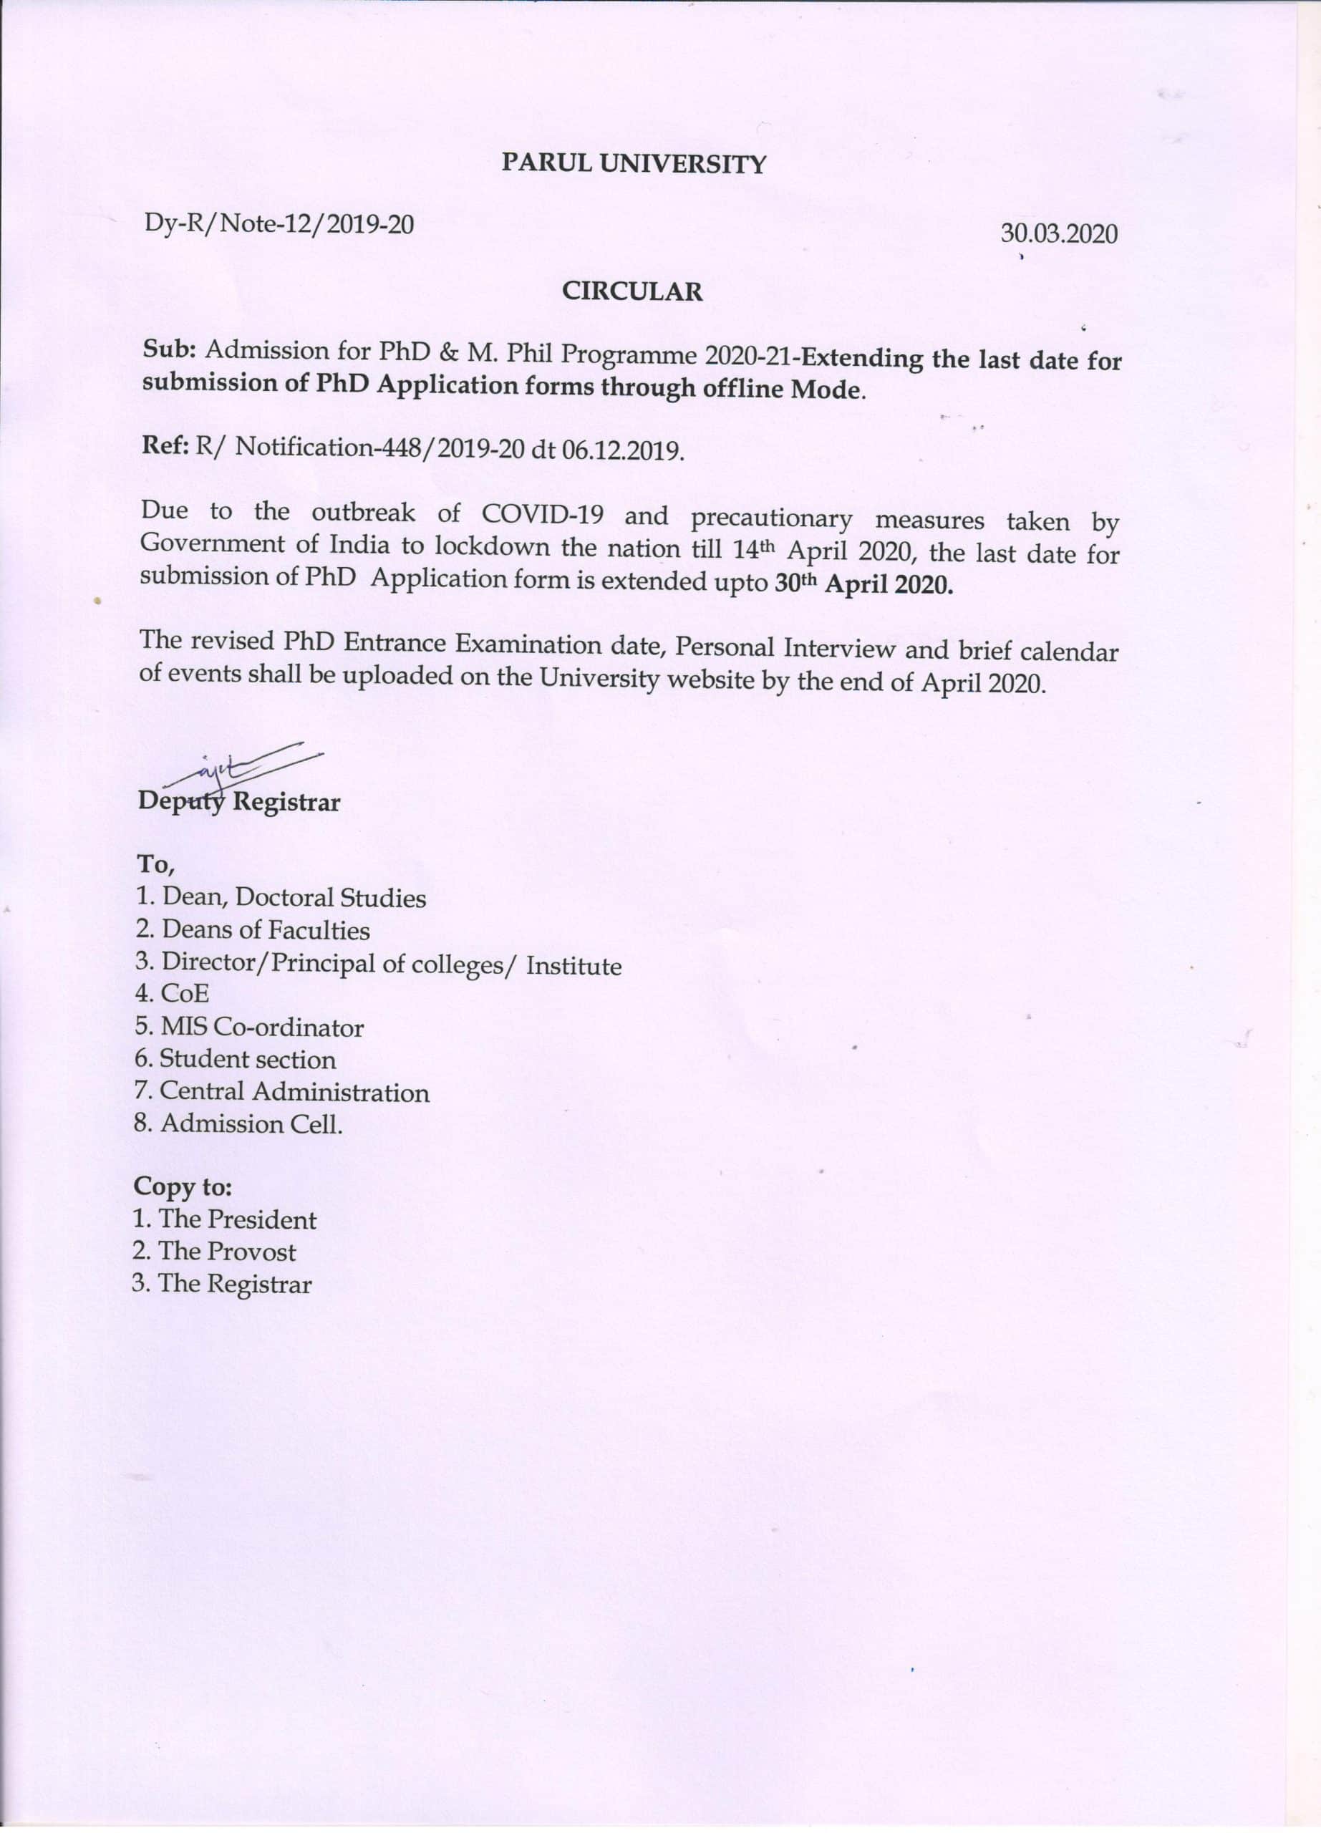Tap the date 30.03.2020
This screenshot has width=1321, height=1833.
(1059, 234)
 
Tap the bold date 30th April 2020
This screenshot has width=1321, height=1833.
(863, 584)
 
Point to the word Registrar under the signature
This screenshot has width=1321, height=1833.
(287, 803)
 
